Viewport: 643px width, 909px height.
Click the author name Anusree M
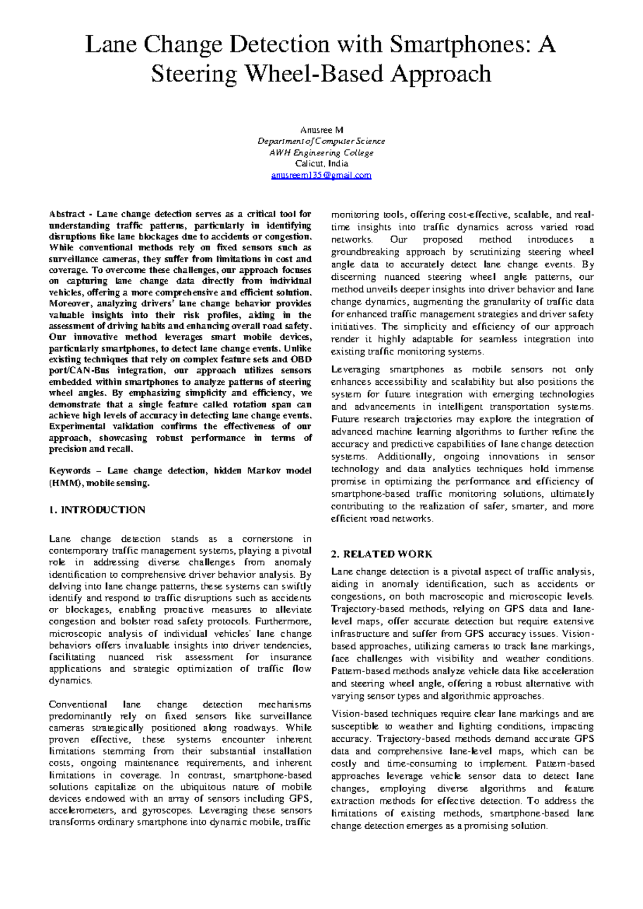[322, 130]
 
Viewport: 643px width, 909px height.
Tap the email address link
[321, 175]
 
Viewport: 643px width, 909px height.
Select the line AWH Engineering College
[321, 153]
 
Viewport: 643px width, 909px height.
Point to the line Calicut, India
[321, 164]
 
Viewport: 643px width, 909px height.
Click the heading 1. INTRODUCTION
[97, 510]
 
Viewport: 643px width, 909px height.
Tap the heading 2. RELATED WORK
[382, 554]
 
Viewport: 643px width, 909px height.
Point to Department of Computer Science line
[321, 141]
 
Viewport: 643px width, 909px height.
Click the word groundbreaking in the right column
[365, 252]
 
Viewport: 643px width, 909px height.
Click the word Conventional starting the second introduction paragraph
[77, 704]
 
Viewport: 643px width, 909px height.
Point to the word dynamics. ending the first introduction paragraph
[70, 681]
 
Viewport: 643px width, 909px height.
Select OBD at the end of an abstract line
[302, 359]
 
